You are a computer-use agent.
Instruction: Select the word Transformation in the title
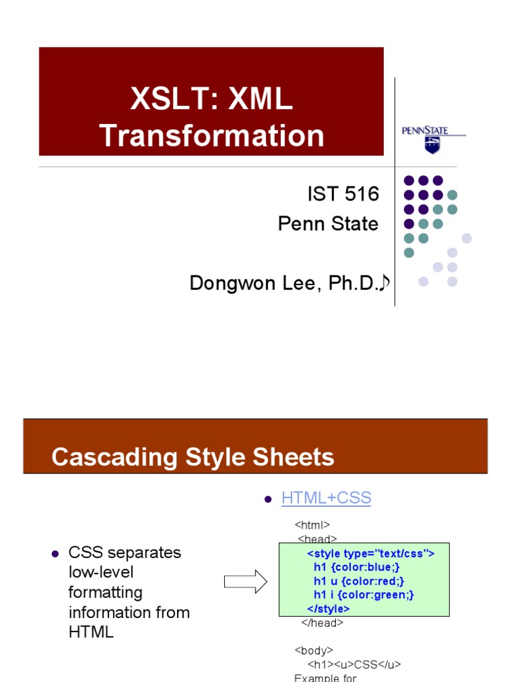pos(212,135)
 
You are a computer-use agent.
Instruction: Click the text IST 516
pos(343,194)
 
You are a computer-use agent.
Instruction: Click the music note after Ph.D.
pos(383,284)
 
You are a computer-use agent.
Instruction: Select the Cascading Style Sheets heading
pos(193,458)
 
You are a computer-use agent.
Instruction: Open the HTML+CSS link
pos(326,498)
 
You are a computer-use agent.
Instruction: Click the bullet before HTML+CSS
pos(269,499)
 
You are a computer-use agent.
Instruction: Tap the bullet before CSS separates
pos(56,553)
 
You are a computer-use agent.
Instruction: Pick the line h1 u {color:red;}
pos(359,581)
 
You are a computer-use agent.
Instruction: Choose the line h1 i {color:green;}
pos(364,595)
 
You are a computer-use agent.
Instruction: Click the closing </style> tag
pos(328,609)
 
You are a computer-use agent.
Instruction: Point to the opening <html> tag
pos(312,525)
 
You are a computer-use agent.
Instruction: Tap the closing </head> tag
pos(322,623)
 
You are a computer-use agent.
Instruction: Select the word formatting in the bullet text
pos(106,592)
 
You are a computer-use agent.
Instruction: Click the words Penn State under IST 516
pos(328,224)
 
